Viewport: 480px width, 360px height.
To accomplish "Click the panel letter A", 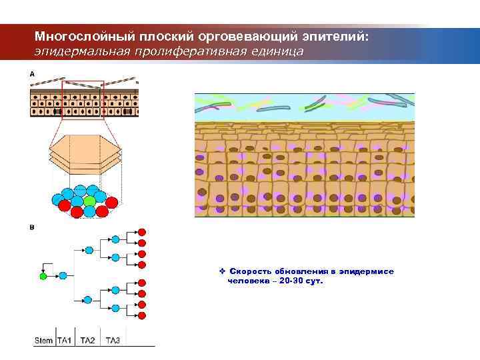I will pos(32,74).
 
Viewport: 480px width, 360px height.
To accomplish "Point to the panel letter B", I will pos(32,227).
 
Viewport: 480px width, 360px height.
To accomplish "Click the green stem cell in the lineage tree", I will pos(44,275).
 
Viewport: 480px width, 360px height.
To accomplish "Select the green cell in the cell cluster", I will pos(89,200).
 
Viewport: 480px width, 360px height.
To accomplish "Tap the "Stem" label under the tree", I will pos(43,341).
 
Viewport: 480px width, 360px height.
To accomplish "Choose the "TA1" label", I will pos(65,341).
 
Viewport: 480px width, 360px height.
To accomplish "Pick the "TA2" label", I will pos(87,341).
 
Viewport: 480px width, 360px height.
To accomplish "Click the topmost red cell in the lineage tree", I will pos(141,233).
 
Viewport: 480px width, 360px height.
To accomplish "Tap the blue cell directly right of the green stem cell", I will pos(63,275).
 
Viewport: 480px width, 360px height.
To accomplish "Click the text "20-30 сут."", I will pos(301,281).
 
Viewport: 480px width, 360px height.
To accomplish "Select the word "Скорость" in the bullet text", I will pos(248,272).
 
